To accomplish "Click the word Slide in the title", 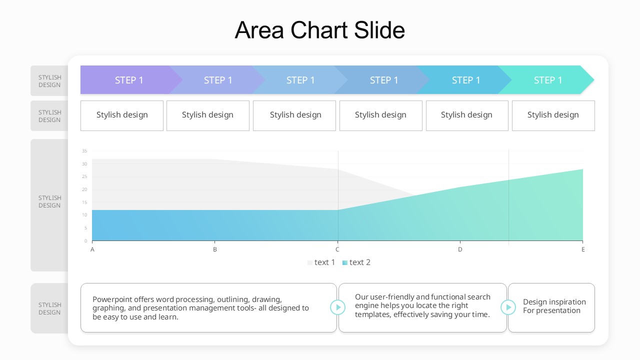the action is [379, 30].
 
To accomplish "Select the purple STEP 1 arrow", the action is [129, 80].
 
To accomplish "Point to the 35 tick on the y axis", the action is [84, 151].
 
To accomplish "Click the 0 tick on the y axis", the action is [85, 241].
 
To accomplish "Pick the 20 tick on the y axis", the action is [84, 189].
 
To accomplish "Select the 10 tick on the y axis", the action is [84, 215].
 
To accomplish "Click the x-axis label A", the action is [92, 249].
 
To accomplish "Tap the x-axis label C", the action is [337, 249].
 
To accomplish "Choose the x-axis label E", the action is [583, 249].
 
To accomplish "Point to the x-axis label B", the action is [215, 249].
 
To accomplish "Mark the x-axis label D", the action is [460, 249].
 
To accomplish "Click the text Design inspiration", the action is [554, 302].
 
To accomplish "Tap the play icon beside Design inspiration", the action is [508, 307].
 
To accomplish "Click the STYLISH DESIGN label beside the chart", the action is [49, 201].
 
